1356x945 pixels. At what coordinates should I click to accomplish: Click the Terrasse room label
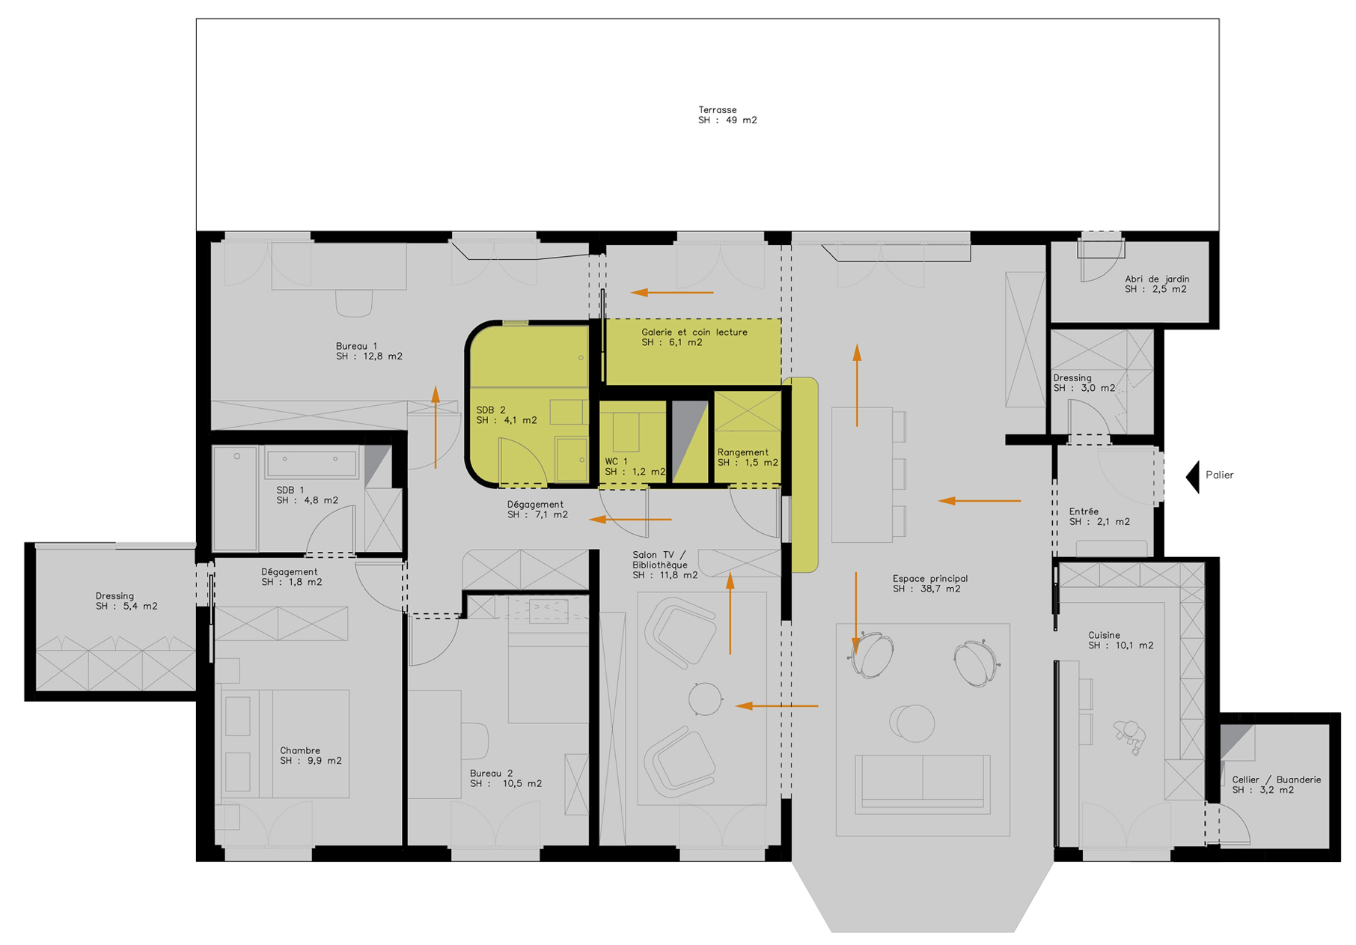click(x=727, y=115)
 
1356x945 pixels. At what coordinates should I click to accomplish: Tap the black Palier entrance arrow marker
click(x=1193, y=476)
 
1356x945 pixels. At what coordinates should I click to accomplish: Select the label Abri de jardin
click(x=1156, y=284)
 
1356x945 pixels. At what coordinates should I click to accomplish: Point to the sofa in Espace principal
click(x=922, y=783)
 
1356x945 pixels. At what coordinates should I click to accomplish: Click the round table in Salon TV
click(x=705, y=699)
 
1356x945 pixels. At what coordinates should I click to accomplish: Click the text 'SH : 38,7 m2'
click(x=926, y=589)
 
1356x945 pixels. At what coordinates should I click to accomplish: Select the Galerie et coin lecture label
click(x=694, y=337)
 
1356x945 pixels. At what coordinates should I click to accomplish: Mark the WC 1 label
click(x=635, y=467)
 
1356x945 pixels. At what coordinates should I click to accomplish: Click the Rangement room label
click(x=747, y=458)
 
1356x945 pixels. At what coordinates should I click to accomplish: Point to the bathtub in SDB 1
click(x=311, y=464)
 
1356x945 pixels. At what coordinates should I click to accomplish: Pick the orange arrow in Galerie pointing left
click(x=672, y=292)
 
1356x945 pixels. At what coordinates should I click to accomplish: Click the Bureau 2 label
click(x=506, y=779)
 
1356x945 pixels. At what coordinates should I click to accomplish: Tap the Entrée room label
click(x=1099, y=517)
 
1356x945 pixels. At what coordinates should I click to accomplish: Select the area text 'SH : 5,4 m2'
click(x=126, y=607)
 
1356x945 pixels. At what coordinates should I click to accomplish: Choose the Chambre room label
click(x=311, y=756)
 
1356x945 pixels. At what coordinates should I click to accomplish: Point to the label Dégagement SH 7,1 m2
click(x=537, y=509)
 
